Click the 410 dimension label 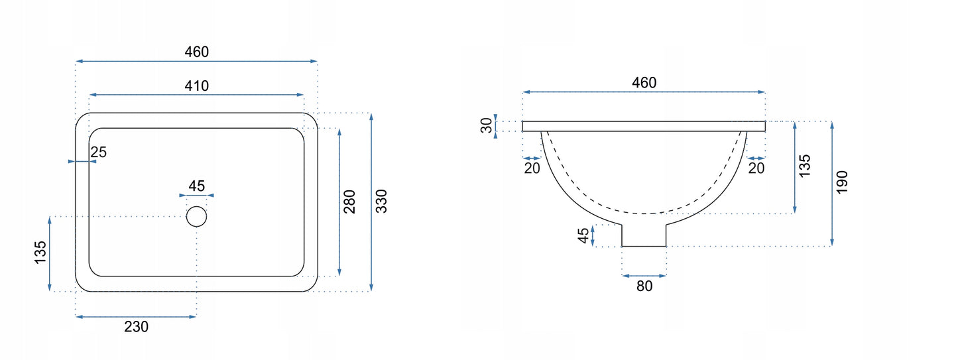197,86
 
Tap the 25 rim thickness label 99,152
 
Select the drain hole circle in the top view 196,216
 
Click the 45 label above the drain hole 197,186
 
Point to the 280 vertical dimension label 349,202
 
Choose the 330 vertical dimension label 381,201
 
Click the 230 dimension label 137,327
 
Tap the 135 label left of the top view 40,252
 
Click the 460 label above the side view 644,82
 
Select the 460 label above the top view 197,52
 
